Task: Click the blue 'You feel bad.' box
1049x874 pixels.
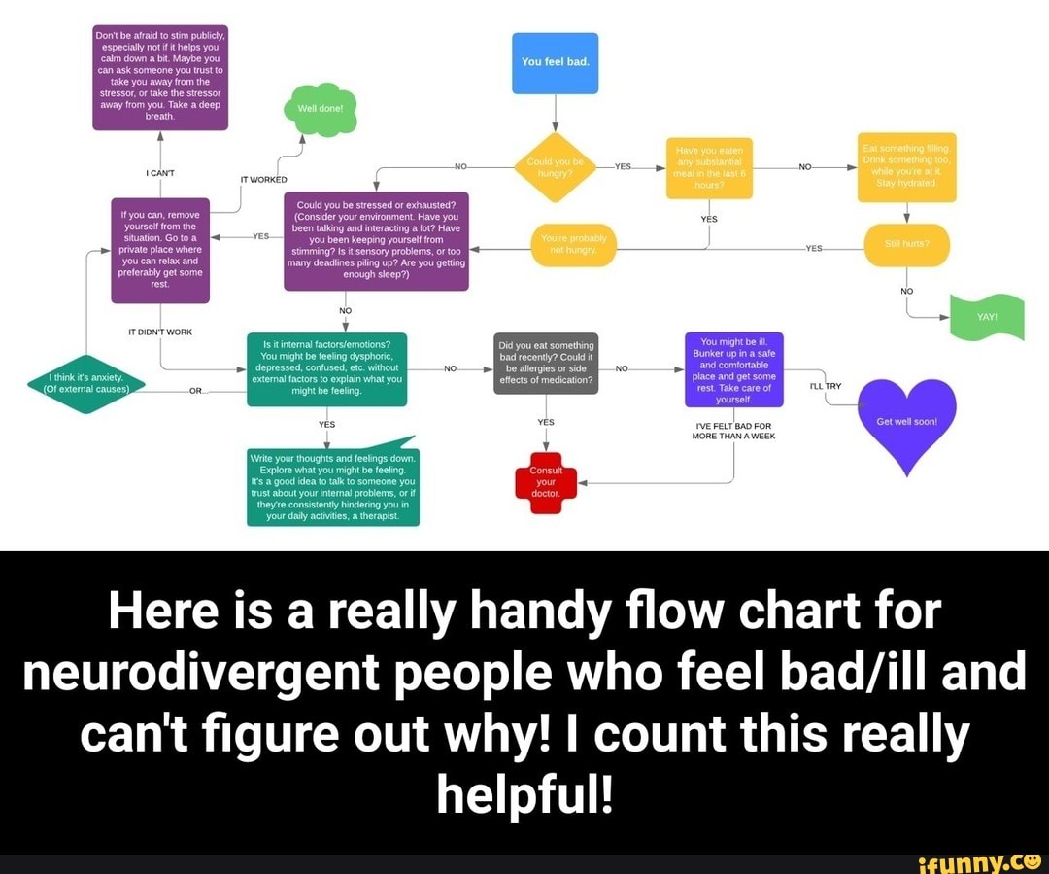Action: tap(555, 63)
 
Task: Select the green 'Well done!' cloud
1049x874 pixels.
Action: tap(320, 108)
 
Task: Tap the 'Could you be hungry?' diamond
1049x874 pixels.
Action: tap(554, 166)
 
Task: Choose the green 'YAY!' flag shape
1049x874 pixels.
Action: tap(986, 317)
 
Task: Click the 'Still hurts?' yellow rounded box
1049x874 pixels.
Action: tap(906, 245)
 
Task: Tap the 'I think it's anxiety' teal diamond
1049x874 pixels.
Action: tap(86, 384)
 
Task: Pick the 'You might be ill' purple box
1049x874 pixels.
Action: tap(733, 369)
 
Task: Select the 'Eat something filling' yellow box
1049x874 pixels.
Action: tap(906, 167)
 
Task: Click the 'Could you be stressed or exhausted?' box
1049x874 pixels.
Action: tap(376, 240)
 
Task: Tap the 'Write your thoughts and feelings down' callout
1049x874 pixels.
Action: tap(332, 487)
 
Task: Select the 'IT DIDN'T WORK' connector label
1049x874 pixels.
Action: tap(160, 332)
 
